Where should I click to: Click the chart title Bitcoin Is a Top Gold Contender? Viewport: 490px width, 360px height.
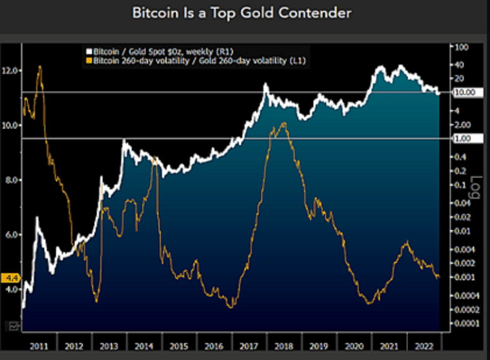(x=241, y=13)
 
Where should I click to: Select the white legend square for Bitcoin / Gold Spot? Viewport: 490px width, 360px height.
(x=89, y=50)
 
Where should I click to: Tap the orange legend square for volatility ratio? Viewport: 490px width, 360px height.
(x=89, y=60)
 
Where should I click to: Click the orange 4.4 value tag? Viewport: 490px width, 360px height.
(x=10, y=279)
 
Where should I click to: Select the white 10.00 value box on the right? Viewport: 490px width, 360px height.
(x=464, y=92)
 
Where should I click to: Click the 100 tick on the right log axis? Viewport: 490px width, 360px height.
(x=461, y=47)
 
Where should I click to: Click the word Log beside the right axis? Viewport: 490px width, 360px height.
(x=477, y=187)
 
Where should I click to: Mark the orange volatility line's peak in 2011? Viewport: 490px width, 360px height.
(x=40, y=66)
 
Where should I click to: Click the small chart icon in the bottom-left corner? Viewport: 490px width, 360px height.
(x=12, y=326)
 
